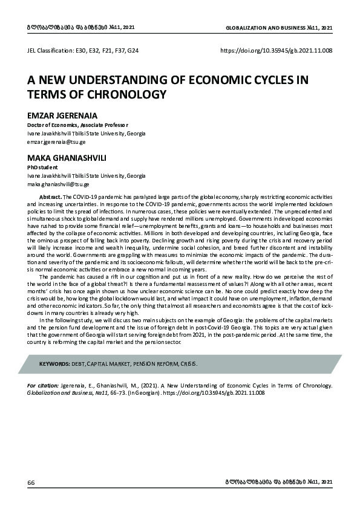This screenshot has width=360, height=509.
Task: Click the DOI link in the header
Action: [277, 52]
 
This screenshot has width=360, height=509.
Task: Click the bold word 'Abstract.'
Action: [50, 197]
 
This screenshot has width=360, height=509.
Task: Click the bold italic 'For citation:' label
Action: [44, 384]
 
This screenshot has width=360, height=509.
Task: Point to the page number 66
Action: [31, 482]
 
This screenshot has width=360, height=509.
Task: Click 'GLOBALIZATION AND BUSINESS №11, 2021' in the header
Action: [279, 28]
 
